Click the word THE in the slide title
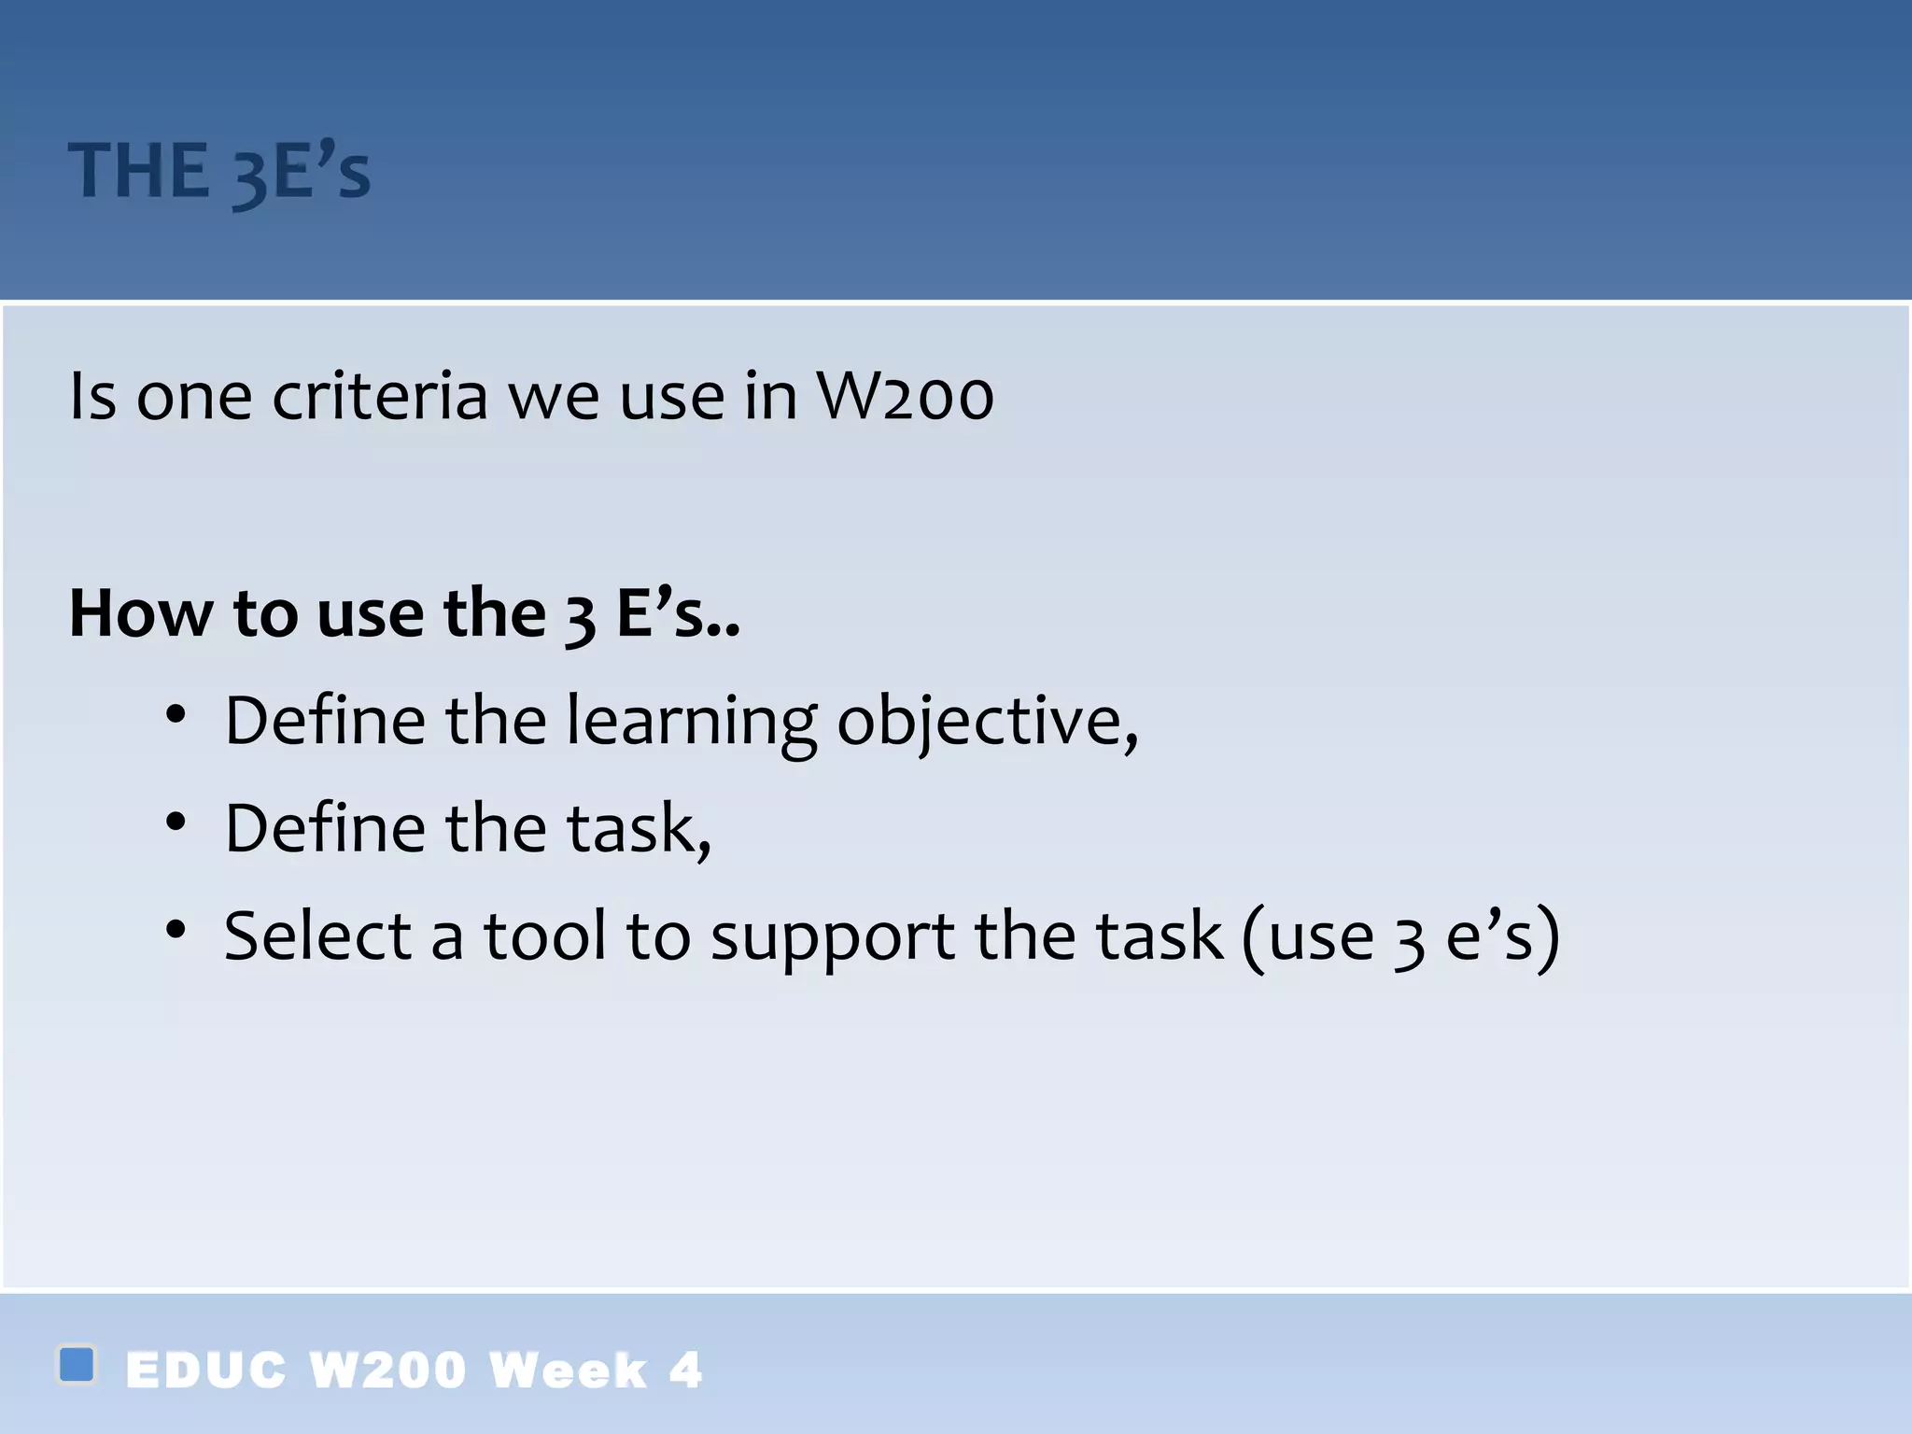pyautogui.click(x=138, y=172)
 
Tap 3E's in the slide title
pyautogui.click(x=301, y=172)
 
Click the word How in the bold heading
pyautogui.click(x=141, y=614)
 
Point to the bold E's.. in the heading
pyautogui.click(x=678, y=614)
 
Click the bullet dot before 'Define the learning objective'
pyautogui.click(x=176, y=716)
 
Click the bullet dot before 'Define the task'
pyautogui.click(x=176, y=822)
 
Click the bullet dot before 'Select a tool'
pyautogui.click(x=176, y=930)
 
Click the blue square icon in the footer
pyautogui.click(x=77, y=1364)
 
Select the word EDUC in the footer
pyautogui.click(x=205, y=1371)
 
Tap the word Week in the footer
pyautogui.click(x=568, y=1371)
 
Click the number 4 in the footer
pyautogui.click(x=685, y=1371)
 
